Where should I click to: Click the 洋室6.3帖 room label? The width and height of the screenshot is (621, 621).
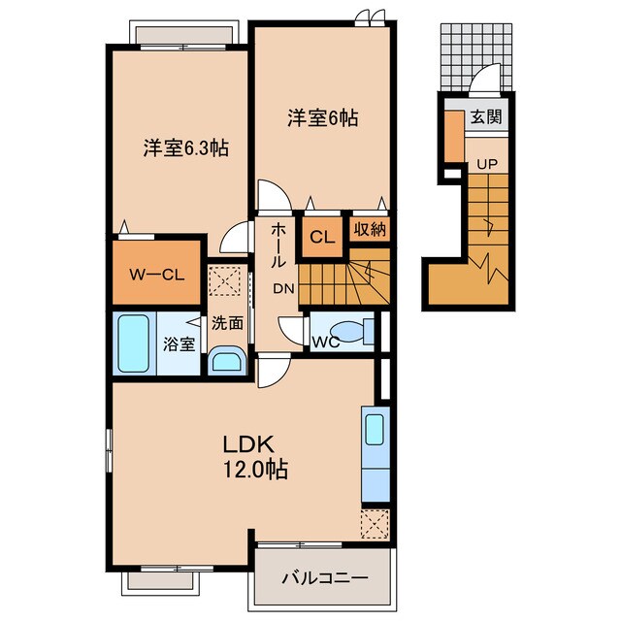185,148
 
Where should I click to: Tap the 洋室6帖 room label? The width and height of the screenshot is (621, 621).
322,118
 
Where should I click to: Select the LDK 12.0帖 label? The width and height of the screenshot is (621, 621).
254,456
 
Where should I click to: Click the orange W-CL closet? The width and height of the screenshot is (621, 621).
157,273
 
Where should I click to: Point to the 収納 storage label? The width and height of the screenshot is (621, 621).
369,230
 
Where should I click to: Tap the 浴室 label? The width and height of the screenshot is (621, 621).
179,343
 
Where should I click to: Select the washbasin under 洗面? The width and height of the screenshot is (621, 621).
228,362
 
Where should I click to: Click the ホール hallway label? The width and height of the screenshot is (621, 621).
278,244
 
